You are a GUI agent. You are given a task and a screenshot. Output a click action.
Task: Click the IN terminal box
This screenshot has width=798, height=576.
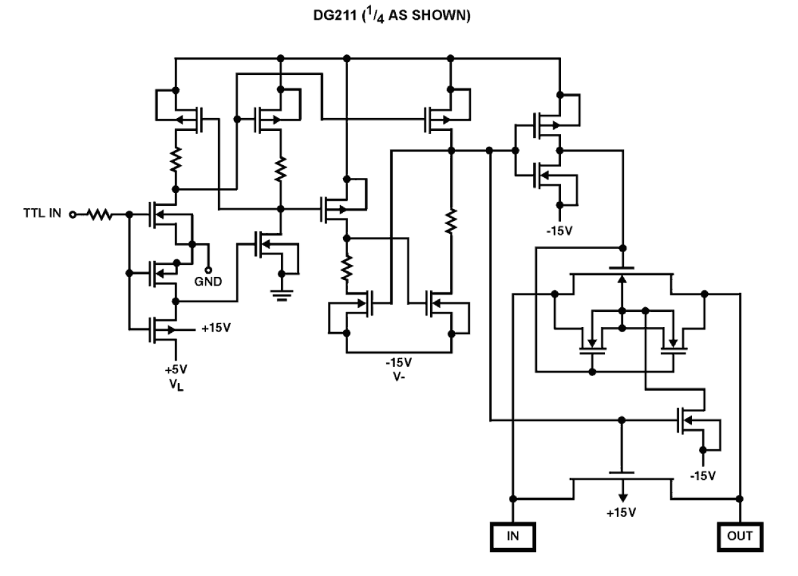coord(513,535)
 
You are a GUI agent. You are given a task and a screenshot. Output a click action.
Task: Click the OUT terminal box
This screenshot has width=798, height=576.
coord(740,535)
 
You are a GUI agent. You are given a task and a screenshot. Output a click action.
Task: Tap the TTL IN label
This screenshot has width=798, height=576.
coord(43,214)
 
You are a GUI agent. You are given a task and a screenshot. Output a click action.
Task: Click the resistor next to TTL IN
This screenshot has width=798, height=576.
coord(99,215)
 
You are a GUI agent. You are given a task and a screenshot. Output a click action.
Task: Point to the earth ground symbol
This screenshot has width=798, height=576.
coord(282,293)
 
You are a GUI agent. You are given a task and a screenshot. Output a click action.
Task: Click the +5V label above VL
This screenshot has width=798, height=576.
coord(177,369)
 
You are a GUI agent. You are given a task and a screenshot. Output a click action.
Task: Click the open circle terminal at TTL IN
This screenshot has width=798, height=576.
coord(72,215)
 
